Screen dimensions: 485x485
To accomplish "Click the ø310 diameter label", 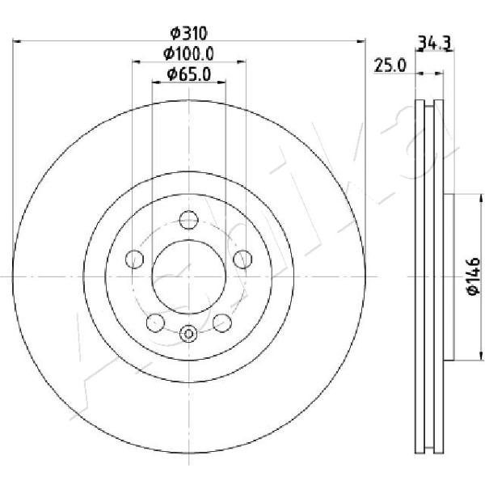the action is pyautogui.click(x=188, y=33).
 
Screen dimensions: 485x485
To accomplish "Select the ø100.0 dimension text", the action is pyautogui.click(x=188, y=54).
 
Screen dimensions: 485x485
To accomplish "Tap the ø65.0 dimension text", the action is pyautogui.click(x=188, y=74).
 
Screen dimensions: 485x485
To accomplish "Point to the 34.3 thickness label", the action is pyautogui.click(x=435, y=43).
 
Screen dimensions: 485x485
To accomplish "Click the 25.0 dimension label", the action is pyautogui.click(x=390, y=65).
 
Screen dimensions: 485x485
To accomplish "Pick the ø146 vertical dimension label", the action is pyautogui.click(x=473, y=276).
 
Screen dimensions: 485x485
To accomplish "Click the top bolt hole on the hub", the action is pyautogui.click(x=188, y=220).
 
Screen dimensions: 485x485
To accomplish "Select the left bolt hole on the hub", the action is pyautogui.click(x=134, y=259).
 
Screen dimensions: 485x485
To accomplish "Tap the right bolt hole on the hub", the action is pyautogui.click(x=242, y=259).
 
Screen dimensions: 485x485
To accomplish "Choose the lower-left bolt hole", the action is pyautogui.click(x=155, y=323).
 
